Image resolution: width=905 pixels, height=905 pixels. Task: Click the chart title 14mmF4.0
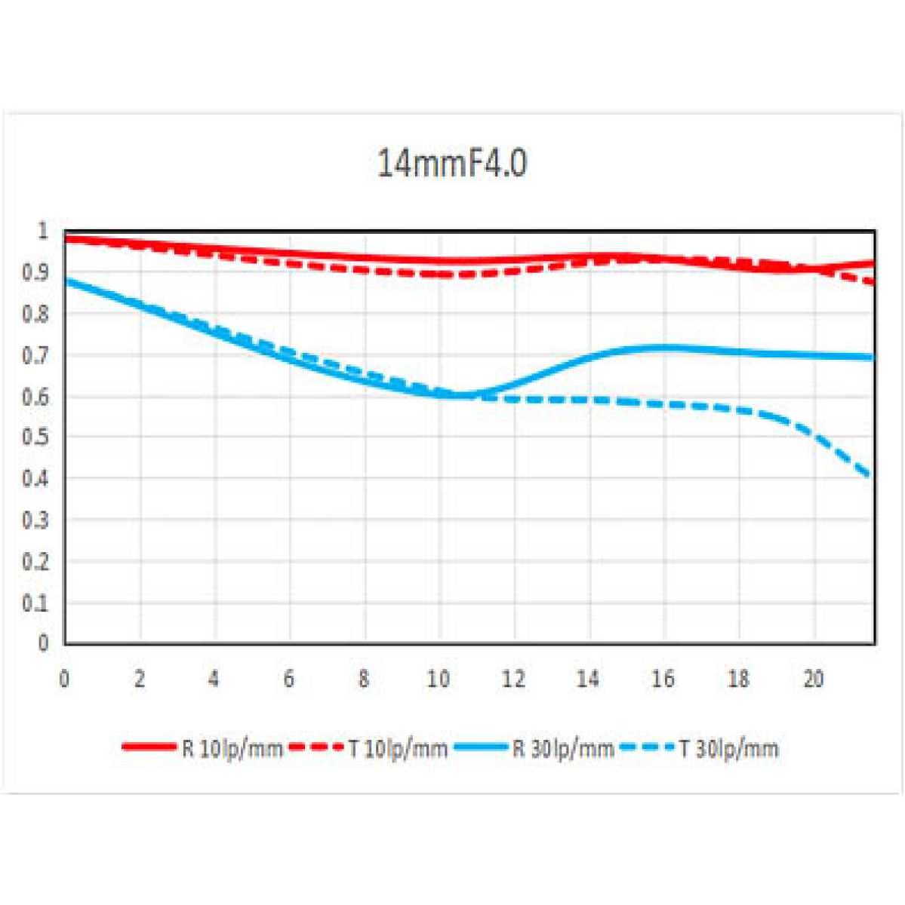point(451,163)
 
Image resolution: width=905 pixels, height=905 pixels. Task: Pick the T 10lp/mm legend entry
point(369,748)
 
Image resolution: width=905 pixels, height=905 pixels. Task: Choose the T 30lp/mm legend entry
point(699,748)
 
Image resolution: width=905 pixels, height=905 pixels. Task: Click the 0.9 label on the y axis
point(38,272)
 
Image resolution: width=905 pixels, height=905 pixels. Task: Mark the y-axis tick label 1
point(43,231)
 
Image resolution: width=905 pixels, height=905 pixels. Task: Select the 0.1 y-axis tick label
point(38,603)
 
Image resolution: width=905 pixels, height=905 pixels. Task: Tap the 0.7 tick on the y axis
point(38,354)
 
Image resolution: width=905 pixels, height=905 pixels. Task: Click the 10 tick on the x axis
point(439,679)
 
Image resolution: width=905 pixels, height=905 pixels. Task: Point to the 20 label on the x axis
point(813,679)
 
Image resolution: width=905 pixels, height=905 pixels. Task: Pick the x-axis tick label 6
point(289,679)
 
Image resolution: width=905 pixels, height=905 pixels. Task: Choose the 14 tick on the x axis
point(588,679)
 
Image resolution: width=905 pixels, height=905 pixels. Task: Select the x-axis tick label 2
point(140,679)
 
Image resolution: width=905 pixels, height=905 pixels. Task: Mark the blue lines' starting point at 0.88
point(66,281)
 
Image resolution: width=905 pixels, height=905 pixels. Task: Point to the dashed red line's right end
point(873,283)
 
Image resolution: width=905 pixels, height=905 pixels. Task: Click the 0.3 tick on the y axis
point(38,520)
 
